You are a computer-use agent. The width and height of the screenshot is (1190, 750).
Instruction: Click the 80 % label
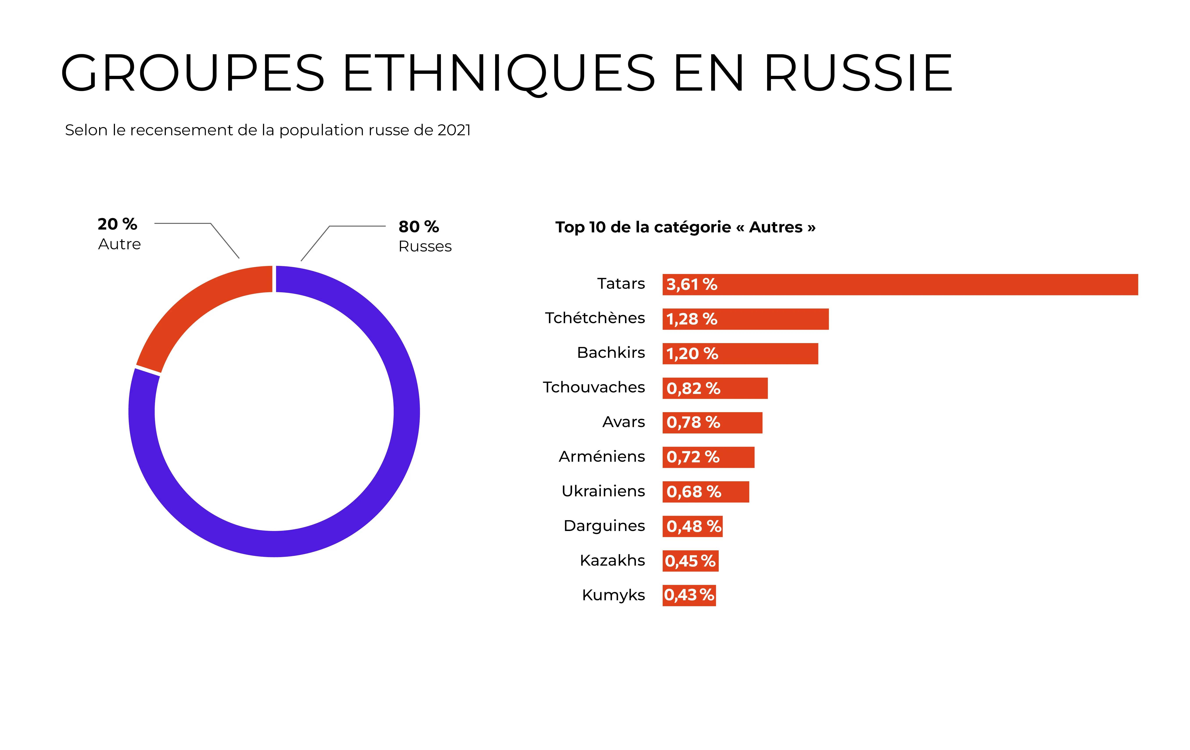point(419,227)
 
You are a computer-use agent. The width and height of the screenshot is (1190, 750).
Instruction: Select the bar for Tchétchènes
point(771,319)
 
